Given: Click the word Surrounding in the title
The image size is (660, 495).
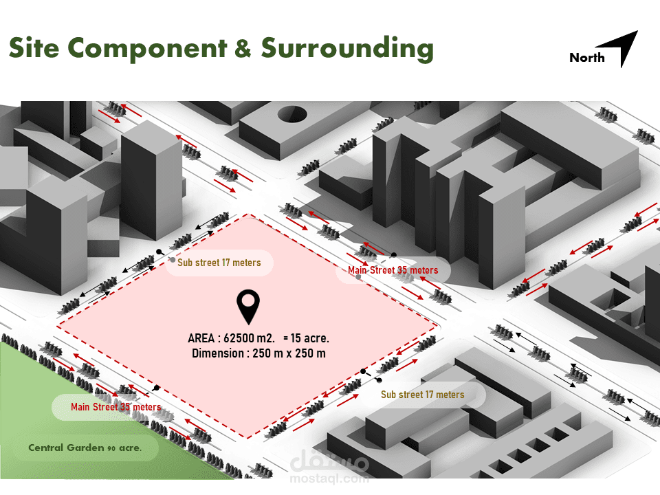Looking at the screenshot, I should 347,48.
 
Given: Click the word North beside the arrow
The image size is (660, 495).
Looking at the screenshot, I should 586,58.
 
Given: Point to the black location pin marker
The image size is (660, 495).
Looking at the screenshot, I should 247,307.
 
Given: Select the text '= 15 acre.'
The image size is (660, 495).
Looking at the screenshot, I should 306,338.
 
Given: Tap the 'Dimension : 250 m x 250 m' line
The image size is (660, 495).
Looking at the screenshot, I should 258,353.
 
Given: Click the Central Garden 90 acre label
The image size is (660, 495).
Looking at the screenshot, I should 85,448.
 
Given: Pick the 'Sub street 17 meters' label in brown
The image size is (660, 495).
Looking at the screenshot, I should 422,395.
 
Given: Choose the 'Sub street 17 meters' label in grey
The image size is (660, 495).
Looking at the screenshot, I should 219,263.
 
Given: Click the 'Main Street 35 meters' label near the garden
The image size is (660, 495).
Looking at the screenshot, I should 115,407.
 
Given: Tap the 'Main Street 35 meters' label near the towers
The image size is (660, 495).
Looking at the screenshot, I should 393,270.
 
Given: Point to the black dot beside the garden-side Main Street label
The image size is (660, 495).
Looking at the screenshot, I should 157,388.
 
